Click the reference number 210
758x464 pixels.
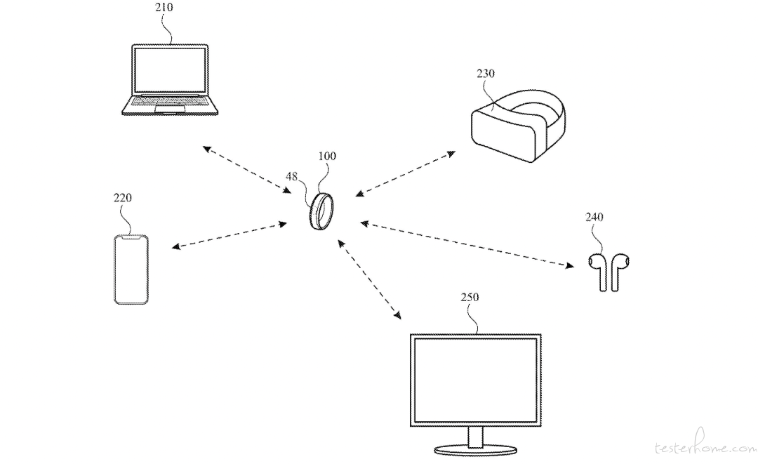click(164, 8)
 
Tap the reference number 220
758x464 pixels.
click(122, 198)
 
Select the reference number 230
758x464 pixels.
click(486, 74)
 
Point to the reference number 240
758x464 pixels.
click(594, 217)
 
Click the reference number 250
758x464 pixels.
click(470, 297)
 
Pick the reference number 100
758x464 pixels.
click(327, 156)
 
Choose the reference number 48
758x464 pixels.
click(291, 177)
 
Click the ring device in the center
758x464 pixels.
click(321, 212)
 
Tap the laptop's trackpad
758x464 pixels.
click(170, 109)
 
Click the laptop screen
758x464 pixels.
click(170, 70)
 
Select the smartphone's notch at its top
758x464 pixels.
click(131, 237)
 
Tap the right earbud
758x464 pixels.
click(619, 271)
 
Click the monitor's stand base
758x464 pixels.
click(475, 450)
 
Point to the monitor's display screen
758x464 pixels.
click(476, 380)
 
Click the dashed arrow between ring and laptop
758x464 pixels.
click(246, 170)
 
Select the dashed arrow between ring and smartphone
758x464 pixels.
click(229, 235)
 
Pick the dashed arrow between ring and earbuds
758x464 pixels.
click(467, 244)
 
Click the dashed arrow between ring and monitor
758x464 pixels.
click(369, 279)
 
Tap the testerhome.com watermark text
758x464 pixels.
click(705, 448)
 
